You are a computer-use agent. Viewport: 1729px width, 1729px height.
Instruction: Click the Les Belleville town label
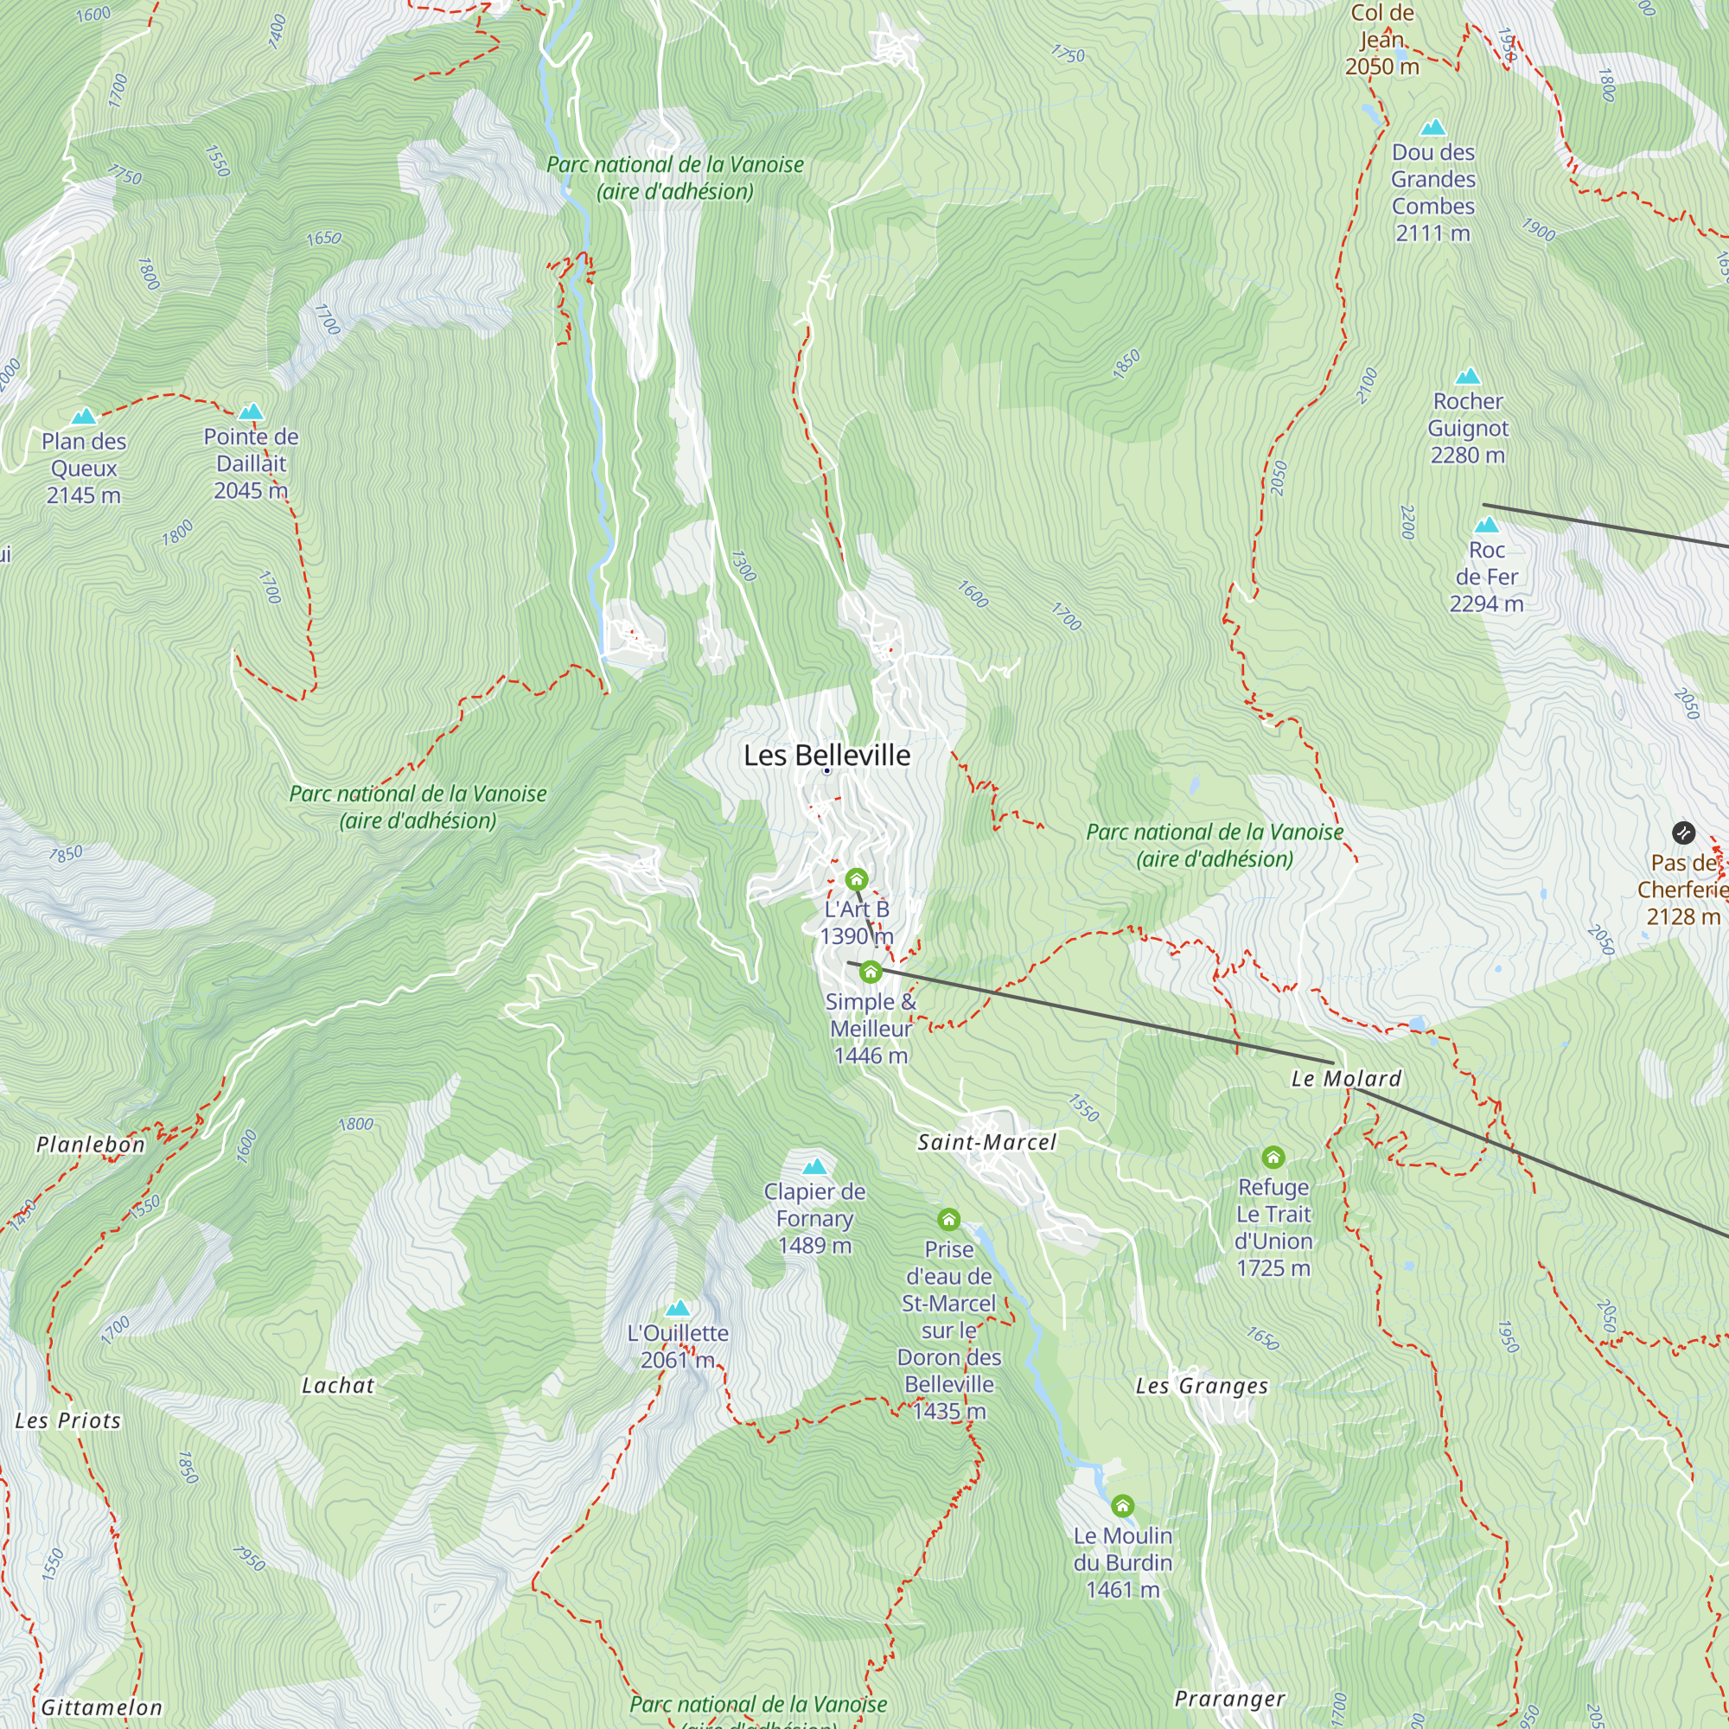pyautogui.click(x=827, y=756)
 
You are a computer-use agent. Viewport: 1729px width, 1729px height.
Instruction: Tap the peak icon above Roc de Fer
pyautogui.click(x=1486, y=525)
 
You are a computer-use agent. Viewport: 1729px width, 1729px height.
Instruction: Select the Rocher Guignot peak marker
pyautogui.click(x=1468, y=376)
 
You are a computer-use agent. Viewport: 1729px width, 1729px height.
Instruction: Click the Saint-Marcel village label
pyautogui.click(x=987, y=1142)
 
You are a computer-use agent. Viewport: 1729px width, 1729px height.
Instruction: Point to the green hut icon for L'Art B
pyautogui.click(x=857, y=879)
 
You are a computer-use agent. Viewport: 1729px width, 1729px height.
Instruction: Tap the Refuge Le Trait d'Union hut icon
pyautogui.click(x=1273, y=1158)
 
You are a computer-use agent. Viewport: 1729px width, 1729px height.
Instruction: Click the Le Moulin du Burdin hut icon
pyautogui.click(x=1122, y=1506)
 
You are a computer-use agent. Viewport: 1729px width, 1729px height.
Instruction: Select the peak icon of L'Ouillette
pyautogui.click(x=678, y=1308)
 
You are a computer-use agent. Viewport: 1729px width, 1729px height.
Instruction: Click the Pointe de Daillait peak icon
pyautogui.click(x=251, y=412)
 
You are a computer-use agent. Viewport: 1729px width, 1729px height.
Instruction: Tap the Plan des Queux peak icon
pyautogui.click(x=83, y=416)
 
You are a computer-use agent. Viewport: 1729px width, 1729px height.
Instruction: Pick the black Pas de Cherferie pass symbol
pyautogui.click(x=1683, y=833)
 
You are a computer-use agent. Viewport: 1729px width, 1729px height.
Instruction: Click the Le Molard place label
pyautogui.click(x=1345, y=1078)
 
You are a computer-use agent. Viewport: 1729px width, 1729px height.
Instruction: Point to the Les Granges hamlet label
pyautogui.click(x=1201, y=1387)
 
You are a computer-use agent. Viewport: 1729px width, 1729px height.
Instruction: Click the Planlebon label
pyautogui.click(x=91, y=1145)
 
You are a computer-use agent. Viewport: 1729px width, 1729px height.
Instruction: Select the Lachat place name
pyautogui.click(x=337, y=1385)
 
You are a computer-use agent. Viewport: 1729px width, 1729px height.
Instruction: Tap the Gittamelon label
pyautogui.click(x=101, y=1707)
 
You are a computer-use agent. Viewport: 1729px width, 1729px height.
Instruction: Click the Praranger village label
pyautogui.click(x=1228, y=1699)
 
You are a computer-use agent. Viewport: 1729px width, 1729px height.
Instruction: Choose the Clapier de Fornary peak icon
pyautogui.click(x=814, y=1167)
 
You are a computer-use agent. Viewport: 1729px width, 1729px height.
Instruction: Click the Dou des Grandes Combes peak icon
pyautogui.click(x=1432, y=127)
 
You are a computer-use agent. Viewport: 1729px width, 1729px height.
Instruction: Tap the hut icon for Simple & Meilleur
pyautogui.click(x=870, y=972)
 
